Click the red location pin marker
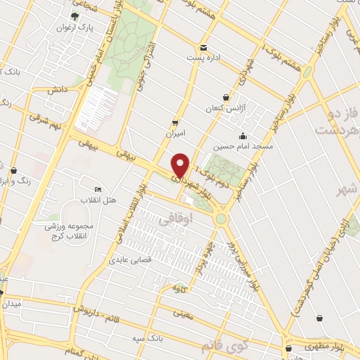pyautogui.click(x=181, y=165)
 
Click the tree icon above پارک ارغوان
pyautogui.click(x=76, y=15)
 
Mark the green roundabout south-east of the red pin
pyautogui.click(x=222, y=219)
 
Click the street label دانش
pyautogui.click(x=57, y=90)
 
